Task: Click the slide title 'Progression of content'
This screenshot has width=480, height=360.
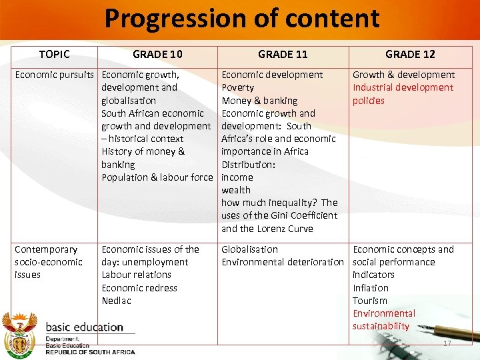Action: (241, 19)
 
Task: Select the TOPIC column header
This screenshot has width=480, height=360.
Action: (55, 54)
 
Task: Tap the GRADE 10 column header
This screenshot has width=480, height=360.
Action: (157, 54)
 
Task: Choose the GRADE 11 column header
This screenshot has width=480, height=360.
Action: (283, 54)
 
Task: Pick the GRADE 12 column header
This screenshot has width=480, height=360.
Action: (410, 54)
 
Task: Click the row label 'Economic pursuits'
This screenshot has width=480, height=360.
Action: (55, 75)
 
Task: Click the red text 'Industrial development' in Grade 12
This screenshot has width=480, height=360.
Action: (403, 87)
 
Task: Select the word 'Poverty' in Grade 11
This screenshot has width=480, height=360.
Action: (237, 87)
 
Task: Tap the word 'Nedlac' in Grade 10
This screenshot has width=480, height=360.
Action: (117, 301)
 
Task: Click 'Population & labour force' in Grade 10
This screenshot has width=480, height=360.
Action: (157, 177)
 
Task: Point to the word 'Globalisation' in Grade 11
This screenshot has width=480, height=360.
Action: (249, 249)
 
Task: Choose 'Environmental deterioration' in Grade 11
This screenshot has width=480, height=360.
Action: (282, 262)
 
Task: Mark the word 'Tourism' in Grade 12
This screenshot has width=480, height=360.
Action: (370, 301)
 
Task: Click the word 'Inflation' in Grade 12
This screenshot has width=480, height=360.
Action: (371, 288)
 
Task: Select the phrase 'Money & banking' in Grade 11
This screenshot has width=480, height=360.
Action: (259, 101)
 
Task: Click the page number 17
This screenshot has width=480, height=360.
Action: (447, 343)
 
